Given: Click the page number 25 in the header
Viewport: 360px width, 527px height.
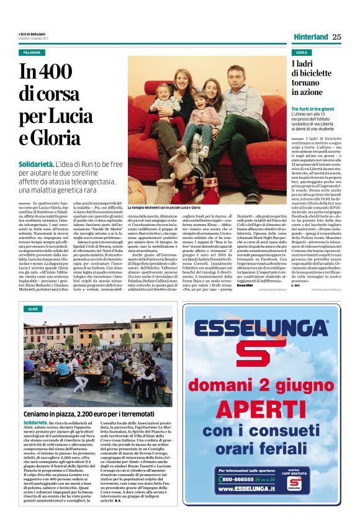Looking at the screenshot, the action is pos(336,37).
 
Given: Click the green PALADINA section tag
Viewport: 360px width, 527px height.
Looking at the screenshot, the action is pos(30,53).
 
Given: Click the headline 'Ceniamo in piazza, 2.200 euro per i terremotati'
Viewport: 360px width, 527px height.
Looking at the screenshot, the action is pos(86,396).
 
